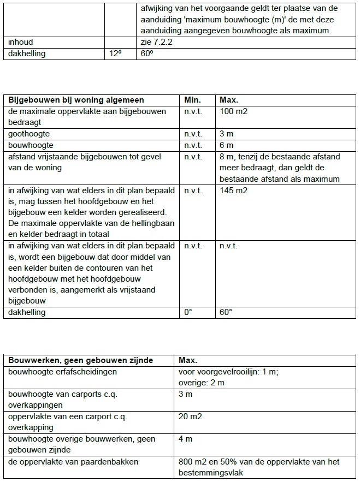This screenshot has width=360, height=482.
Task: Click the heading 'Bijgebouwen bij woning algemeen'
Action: click(x=76, y=100)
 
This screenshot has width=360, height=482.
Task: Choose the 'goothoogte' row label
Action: click(x=28, y=134)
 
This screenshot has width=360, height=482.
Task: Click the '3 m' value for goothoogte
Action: click(x=226, y=134)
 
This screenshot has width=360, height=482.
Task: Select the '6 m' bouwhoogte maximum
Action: click(x=226, y=145)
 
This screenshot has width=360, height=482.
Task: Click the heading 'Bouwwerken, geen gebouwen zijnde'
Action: click(x=80, y=360)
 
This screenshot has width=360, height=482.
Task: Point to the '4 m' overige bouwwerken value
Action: click(x=185, y=439)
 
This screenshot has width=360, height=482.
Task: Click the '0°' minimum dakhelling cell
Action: click(x=189, y=312)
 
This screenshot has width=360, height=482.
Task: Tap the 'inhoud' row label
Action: click(x=21, y=41)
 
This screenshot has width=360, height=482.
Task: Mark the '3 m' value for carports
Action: click(x=185, y=394)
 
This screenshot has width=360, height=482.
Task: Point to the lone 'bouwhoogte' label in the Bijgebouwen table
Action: click(x=29, y=145)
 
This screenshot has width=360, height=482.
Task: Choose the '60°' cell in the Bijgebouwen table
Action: click(x=226, y=312)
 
